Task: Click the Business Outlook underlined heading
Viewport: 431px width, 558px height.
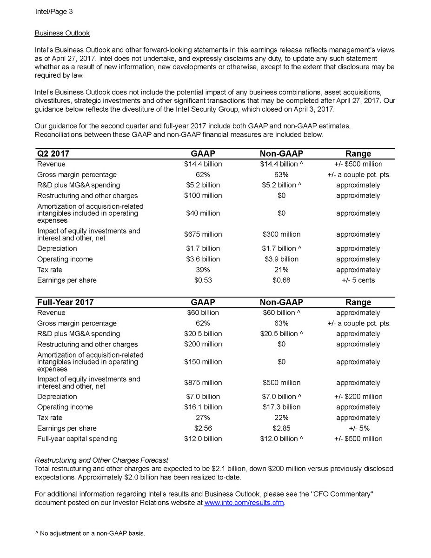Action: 62,33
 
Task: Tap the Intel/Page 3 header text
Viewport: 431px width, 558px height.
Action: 54,12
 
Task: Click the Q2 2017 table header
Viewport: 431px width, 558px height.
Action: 53,153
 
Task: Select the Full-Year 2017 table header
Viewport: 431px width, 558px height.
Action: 66,302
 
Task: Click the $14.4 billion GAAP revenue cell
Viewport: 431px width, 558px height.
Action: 203,164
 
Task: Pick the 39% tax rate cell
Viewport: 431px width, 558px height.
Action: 203,270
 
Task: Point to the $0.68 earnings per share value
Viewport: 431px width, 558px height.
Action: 281,280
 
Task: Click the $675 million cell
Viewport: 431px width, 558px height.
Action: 203,234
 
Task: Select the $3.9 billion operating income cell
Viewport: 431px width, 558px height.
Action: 281,259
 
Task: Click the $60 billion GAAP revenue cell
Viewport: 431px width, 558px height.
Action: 203,313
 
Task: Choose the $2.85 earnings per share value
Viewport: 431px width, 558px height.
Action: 281,428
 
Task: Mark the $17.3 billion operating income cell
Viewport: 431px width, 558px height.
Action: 281,407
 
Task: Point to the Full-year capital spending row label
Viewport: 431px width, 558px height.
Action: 77,438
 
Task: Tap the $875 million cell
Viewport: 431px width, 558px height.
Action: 203,383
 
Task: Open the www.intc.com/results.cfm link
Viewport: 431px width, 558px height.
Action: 244,503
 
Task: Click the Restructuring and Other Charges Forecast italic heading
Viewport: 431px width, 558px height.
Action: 101,460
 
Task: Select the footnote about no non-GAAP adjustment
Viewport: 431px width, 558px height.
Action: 90,533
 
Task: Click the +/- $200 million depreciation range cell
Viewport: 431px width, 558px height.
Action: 358,397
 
